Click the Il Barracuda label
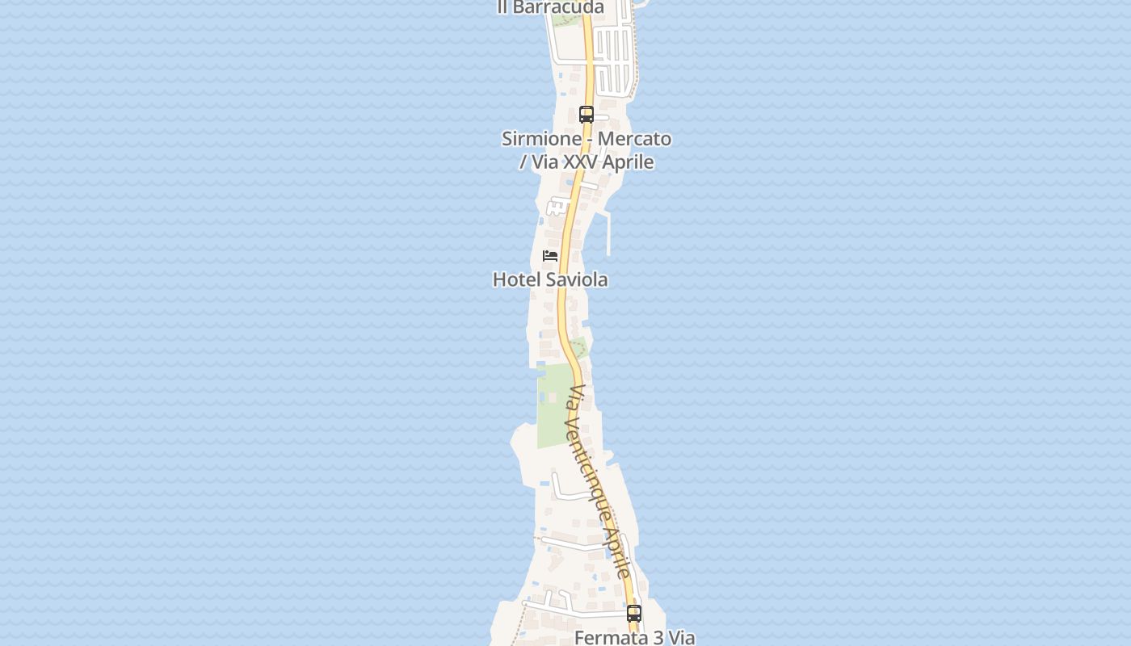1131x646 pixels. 550,7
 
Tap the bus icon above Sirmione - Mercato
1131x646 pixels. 587,115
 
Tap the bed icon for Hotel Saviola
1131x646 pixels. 550,257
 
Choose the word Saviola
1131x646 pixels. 577,280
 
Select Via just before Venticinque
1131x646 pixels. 576,396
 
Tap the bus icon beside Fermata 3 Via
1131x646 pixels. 634,614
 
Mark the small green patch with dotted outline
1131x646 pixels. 578,349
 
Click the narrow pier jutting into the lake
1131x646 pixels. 608,234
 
